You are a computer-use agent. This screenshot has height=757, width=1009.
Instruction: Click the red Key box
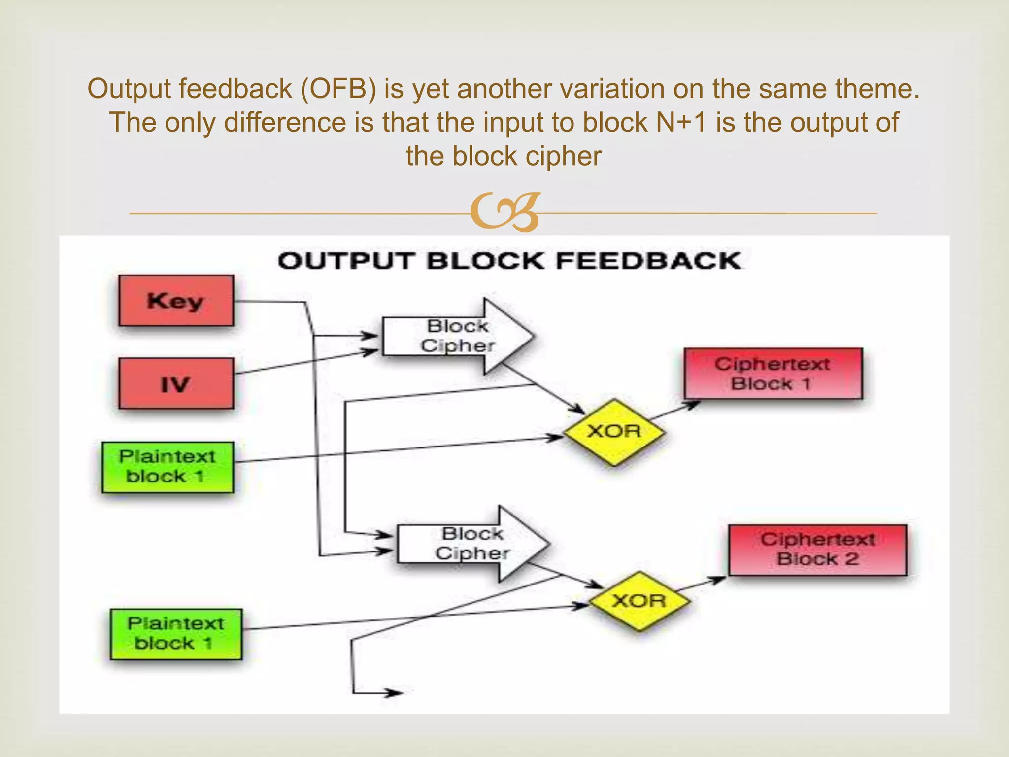pos(176,301)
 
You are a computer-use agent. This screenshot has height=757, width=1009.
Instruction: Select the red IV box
pos(176,383)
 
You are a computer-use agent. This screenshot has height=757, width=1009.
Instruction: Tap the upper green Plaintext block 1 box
pos(168,467)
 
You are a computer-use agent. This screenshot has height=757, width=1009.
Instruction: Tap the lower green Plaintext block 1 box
pos(176,634)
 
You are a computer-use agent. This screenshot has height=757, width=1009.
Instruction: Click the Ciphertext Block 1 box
pos(773,374)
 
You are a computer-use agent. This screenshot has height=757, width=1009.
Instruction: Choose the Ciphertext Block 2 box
pos(817,550)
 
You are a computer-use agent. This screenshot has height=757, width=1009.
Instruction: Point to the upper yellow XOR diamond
pos(614,432)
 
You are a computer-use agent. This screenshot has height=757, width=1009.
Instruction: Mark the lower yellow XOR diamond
pos(639,601)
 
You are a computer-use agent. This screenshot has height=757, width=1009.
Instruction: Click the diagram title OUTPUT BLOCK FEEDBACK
pos(509,261)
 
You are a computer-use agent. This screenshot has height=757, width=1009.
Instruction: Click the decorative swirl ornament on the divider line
pos(505,212)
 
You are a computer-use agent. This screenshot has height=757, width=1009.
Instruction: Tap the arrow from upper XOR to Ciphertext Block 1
pos(675,411)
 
